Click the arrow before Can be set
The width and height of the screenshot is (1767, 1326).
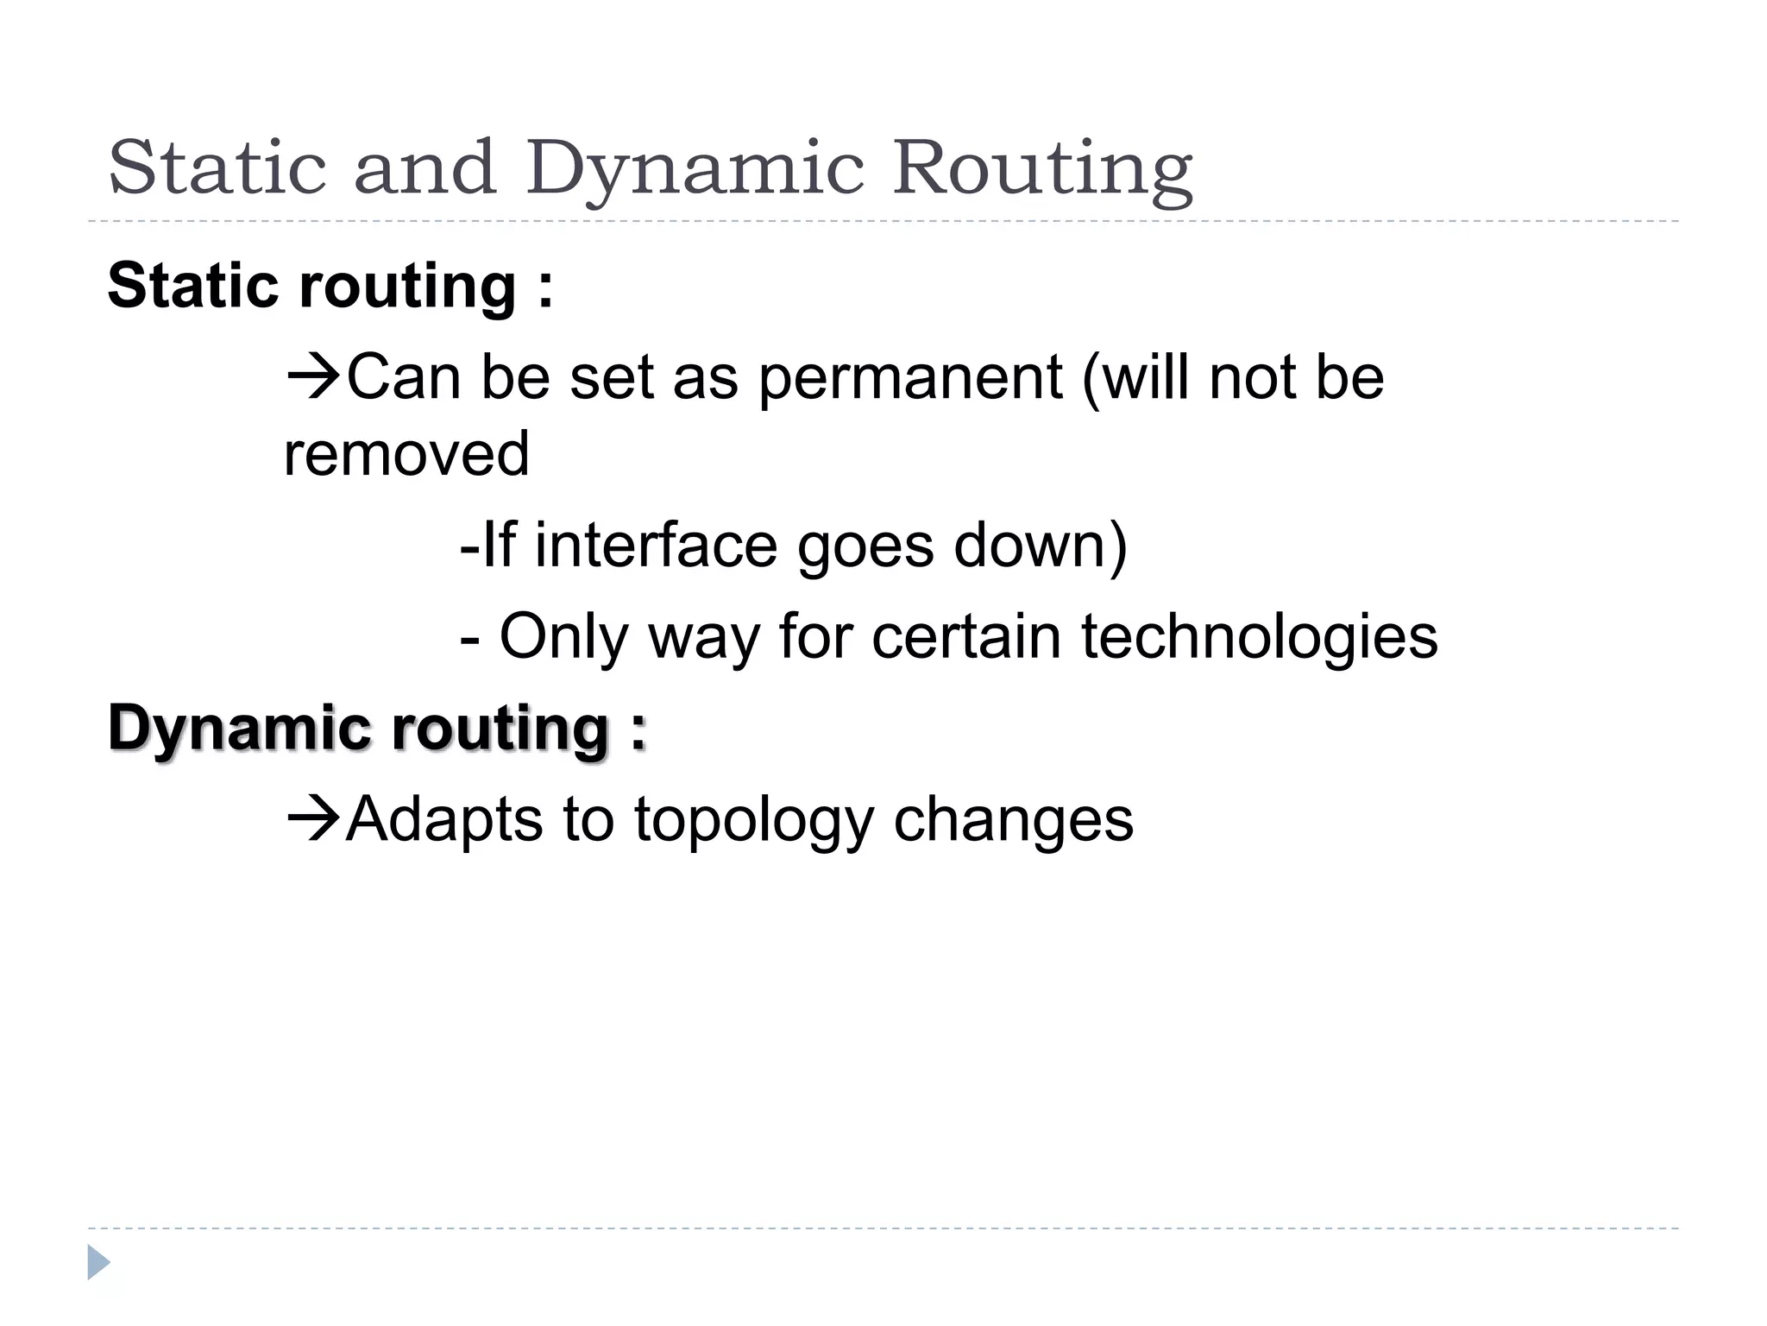(312, 377)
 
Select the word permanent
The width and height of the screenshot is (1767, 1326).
(910, 380)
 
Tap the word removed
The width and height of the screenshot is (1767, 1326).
(406, 454)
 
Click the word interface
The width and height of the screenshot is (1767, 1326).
(656, 546)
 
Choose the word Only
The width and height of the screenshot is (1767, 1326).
(564, 637)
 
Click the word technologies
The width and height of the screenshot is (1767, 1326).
(1259, 637)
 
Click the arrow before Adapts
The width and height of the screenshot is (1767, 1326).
(312, 818)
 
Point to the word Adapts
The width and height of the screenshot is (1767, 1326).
(444, 820)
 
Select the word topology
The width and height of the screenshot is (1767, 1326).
(754, 820)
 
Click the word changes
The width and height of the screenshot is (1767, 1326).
(1013, 820)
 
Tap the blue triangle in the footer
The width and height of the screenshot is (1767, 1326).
(98, 1262)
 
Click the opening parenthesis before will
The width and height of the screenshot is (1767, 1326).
(1091, 380)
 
